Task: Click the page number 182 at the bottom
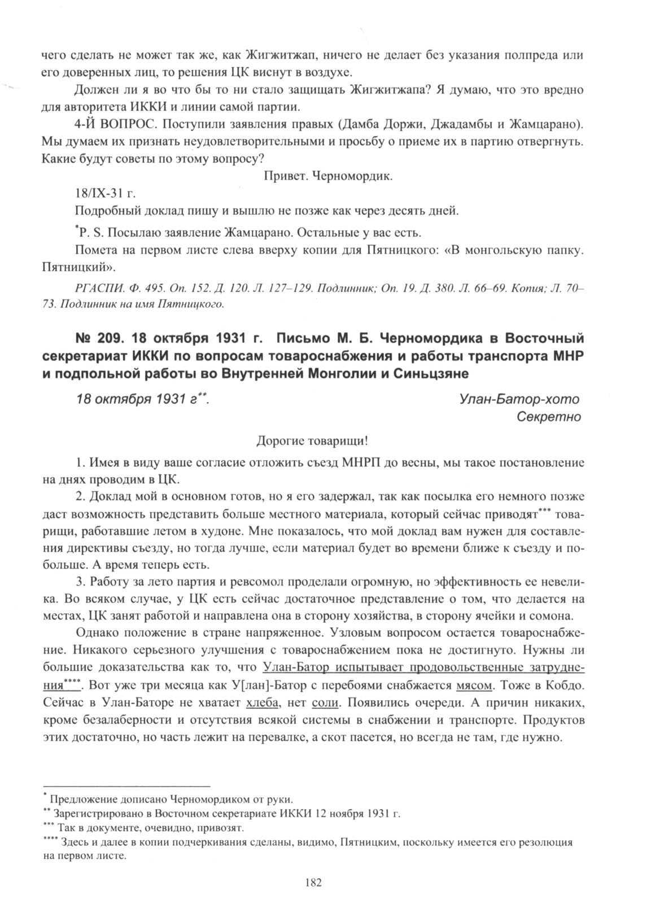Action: (x=312, y=883)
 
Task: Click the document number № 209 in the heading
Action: (x=98, y=339)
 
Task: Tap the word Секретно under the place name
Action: (x=549, y=417)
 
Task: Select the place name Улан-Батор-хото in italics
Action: (x=520, y=399)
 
